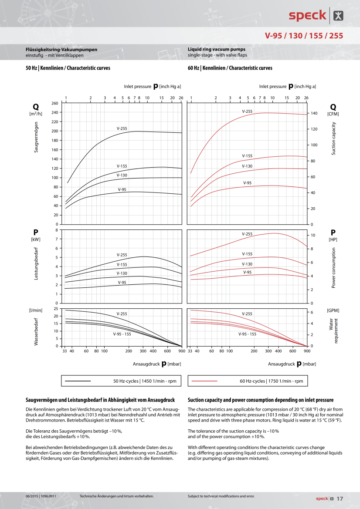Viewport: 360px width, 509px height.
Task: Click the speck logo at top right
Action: tap(316, 15)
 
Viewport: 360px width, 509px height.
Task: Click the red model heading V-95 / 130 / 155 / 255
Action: tap(304, 36)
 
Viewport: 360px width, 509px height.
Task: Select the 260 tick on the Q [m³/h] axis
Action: tap(54, 103)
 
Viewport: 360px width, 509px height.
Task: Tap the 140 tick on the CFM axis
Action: tap(313, 113)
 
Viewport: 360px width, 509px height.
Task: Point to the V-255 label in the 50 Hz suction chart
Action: tap(122, 128)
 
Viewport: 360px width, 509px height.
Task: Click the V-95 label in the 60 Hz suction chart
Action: tap(247, 183)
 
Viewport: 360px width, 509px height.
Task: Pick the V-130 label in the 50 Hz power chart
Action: tap(122, 273)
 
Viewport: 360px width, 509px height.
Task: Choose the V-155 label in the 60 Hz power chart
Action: tap(247, 254)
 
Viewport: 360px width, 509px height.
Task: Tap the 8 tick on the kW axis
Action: tap(57, 230)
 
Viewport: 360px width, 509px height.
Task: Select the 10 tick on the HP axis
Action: tap(312, 235)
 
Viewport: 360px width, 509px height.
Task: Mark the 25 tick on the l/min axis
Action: tap(55, 309)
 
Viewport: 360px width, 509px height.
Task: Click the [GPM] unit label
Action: tap(333, 310)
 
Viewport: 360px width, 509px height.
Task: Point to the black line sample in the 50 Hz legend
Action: tap(78, 381)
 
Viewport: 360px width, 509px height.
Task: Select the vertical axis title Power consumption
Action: tap(334, 268)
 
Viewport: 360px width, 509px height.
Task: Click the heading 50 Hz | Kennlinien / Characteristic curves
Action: tap(68, 68)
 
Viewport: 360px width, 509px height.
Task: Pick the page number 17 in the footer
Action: tap(340, 498)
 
